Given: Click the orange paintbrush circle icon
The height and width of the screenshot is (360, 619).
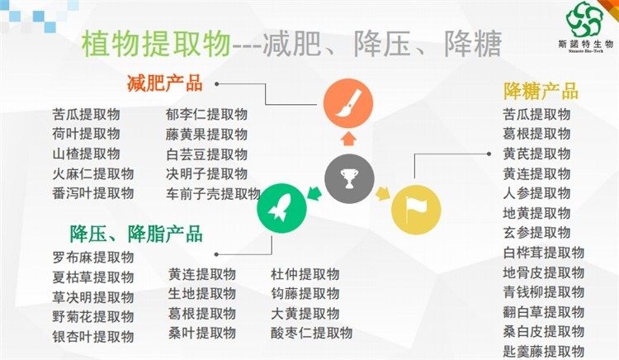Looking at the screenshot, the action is (x=348, y=103).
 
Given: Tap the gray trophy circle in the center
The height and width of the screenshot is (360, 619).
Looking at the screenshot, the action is (x=349, y=179).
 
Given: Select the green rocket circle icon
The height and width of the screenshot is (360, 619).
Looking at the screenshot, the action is (x=282, y=208).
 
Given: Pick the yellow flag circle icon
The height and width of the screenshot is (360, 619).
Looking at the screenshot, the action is (x=416, y=210).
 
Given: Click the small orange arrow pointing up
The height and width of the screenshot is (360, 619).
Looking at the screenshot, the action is (x=348, y=139).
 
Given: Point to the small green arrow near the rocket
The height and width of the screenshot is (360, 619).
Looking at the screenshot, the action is (x=314, y=193).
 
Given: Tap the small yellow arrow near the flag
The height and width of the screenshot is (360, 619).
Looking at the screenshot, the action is (x=382, y=193).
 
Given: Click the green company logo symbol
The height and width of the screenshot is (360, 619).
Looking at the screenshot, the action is (x=584, y=19).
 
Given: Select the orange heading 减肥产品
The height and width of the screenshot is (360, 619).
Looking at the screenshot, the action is (x=164, y=83).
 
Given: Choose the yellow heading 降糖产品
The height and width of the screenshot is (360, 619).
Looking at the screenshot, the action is (x=541, y=92).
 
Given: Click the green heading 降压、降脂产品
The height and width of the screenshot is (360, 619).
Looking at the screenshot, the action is (x=136, y=234).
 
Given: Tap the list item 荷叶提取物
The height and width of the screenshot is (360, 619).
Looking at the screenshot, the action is (x=86, y=134).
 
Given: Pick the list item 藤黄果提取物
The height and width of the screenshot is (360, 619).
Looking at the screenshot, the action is (x=206, y=135).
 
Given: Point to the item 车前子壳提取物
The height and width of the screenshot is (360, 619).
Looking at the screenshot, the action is (x=213, y=193).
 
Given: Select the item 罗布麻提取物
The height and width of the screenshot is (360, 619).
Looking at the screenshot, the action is (x=93, y=258).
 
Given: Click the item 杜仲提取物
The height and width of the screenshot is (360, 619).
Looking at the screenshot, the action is (x=305, y=274).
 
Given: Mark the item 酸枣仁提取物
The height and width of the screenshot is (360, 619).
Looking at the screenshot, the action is (x=312, y=333).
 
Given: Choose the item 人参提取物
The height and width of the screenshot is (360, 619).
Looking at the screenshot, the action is (x=537, y=193).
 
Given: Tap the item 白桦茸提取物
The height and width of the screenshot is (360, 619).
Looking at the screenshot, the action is (x=544, y=252).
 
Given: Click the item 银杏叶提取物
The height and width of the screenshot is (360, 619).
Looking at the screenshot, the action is (x=93, y=337).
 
